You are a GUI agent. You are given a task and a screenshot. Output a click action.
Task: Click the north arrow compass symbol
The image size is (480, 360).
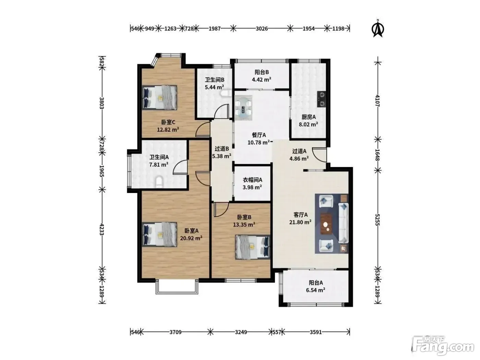tap(378, 28)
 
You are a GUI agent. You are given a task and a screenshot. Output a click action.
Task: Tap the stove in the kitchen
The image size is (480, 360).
tap(322, 99)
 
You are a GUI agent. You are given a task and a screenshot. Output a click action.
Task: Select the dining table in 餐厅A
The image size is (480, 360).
tap(243, 108)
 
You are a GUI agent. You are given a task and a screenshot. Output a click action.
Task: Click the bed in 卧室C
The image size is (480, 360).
tap(159, 97)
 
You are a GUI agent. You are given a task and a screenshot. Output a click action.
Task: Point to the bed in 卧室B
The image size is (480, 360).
tap(253, 247)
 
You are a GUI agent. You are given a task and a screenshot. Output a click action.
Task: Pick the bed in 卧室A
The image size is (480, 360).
tap(159, 234)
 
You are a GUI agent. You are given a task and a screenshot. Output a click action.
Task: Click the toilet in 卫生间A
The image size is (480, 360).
tap(159, 182)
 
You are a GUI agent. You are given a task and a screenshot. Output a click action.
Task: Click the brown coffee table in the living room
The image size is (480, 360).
tap(326, 224)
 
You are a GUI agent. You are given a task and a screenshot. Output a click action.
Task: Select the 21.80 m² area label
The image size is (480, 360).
tap(300, 222)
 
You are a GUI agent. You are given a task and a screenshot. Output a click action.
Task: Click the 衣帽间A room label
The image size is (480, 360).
tap(252, 180)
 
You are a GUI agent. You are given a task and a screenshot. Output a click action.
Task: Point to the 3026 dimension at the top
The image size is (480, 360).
tap(262, 28)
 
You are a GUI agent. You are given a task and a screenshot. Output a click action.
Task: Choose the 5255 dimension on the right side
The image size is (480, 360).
tap(378, 220)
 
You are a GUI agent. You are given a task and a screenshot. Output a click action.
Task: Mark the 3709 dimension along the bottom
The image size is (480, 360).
tap(176, 332)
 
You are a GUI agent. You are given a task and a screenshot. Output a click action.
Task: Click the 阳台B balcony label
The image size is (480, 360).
tap(262, 72)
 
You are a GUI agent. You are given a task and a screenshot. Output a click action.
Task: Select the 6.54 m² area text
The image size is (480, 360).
tap(315, 290)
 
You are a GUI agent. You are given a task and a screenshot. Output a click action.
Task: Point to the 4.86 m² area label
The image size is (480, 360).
tap(299, 158)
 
